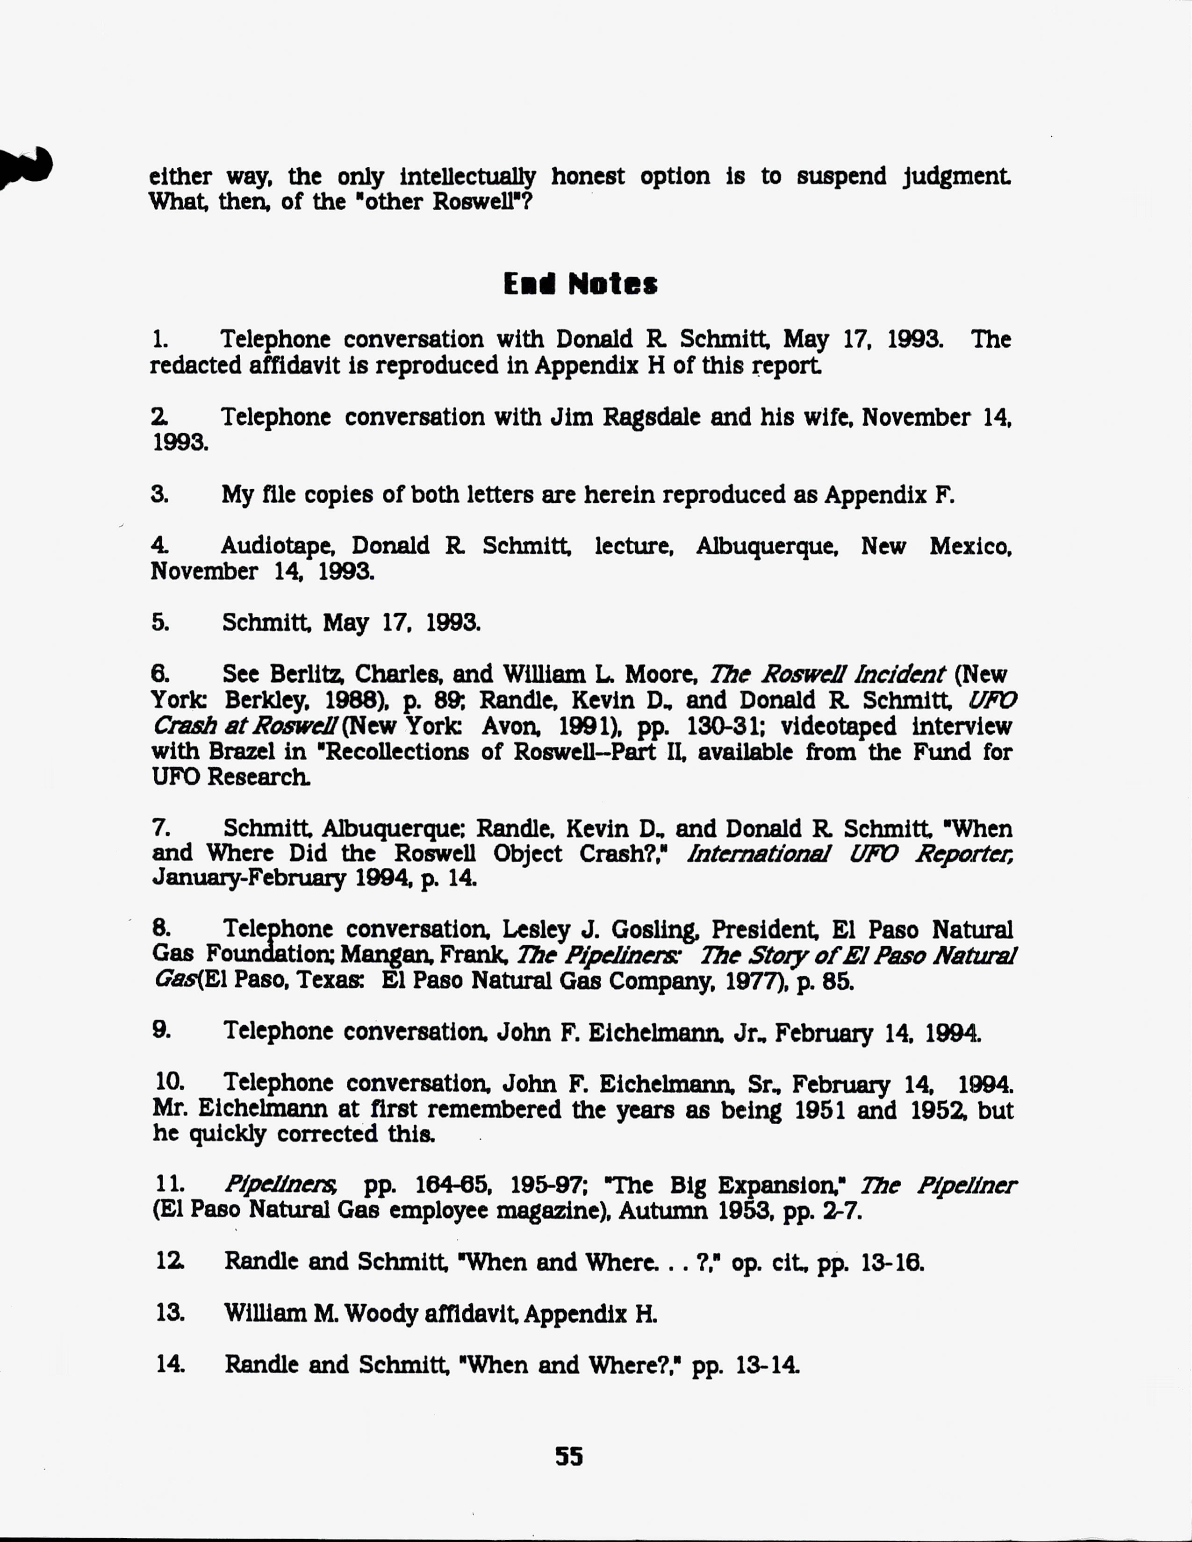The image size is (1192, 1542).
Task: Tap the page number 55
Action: (568, 1456)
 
